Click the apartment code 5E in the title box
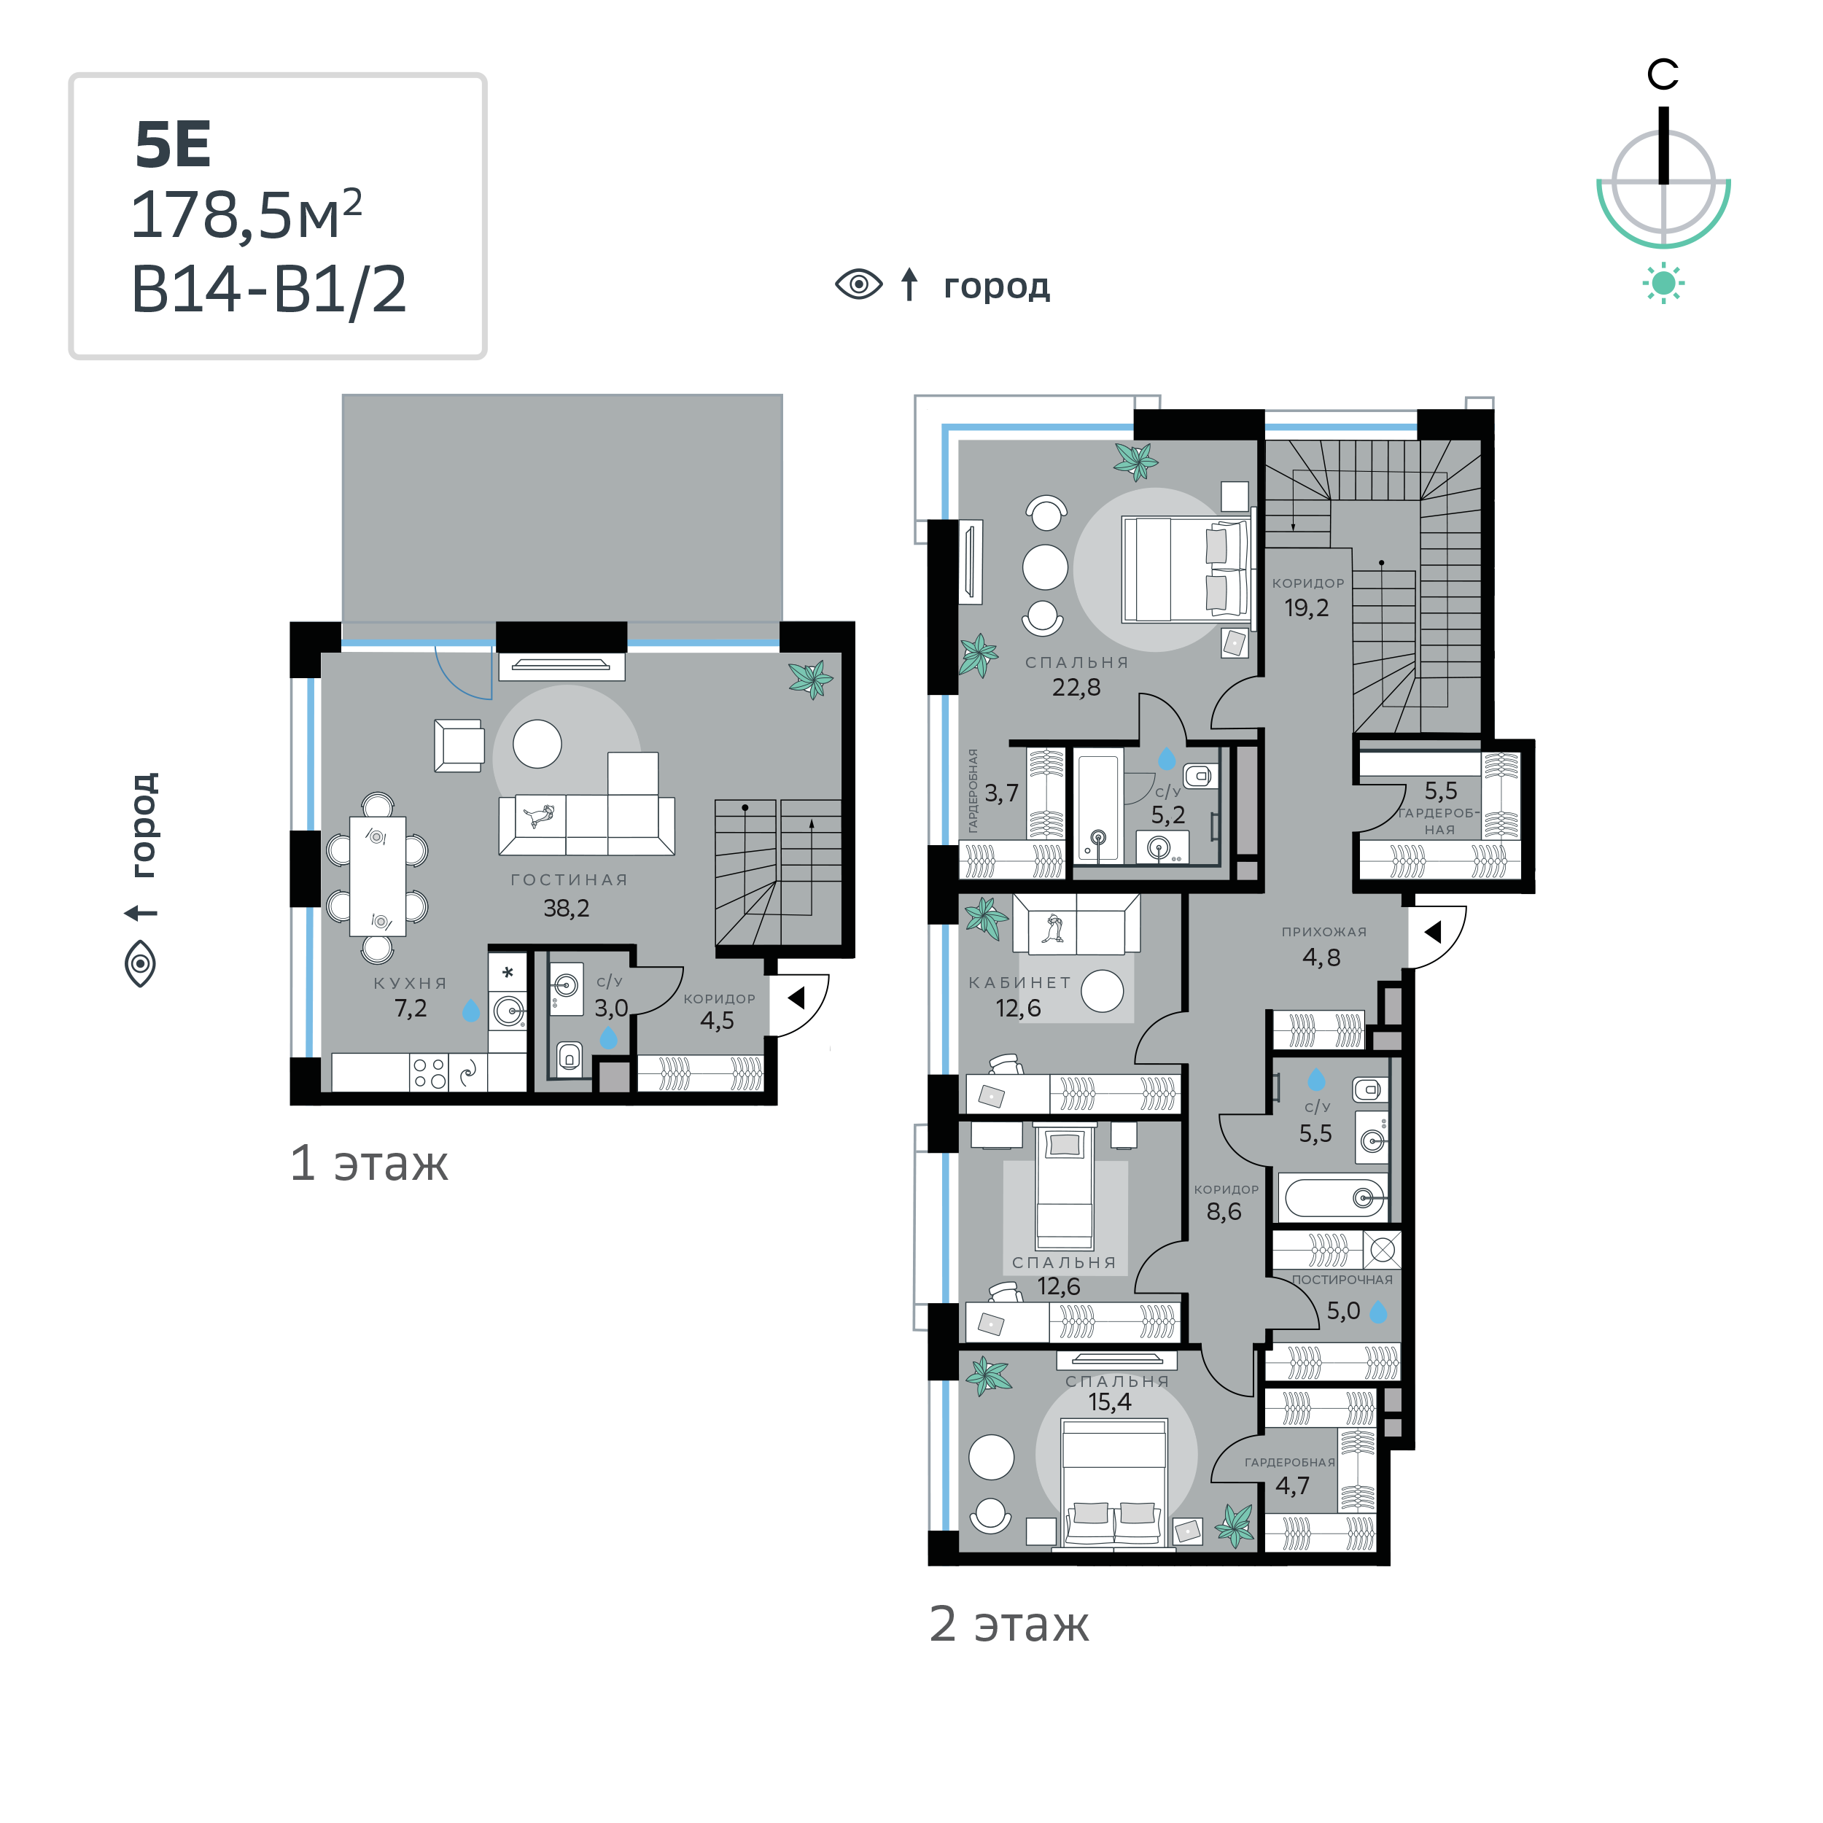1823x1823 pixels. [173, 145]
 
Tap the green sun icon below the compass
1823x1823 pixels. [1663, 283]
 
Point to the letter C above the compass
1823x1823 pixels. [1663, 74]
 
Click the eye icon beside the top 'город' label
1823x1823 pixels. [859, 284]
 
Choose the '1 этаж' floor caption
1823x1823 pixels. [369, 1162]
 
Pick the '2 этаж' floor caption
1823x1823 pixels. [1008, 1623]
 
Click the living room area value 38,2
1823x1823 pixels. [566, 908]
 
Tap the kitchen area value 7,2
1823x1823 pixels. [411, 1008]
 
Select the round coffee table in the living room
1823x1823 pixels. [537, 744]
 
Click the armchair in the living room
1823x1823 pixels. [459, 745]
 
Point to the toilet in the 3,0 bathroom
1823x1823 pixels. [569, 1058]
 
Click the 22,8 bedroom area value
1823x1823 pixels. [1076, 687]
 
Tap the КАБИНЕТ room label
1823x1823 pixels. [1020, 982]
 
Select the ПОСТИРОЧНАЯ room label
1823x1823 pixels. [1342, 1280]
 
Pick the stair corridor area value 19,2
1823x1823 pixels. [1307, 607]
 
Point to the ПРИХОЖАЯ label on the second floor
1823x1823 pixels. [1323, 931]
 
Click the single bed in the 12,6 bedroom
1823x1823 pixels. [1065, 1187]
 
